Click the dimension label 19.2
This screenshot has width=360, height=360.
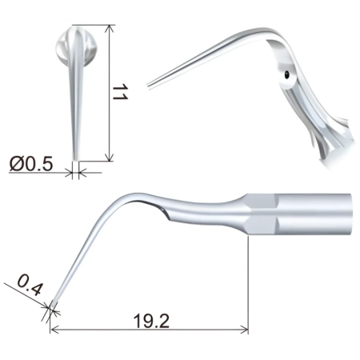(x=151, y=321)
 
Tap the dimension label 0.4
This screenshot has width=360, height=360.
(x=30, y=286)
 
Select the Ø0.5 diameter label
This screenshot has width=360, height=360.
(x=31, y=164)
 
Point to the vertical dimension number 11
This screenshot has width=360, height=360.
(x=120, y=92)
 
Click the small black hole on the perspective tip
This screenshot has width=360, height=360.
(x=286, y=74)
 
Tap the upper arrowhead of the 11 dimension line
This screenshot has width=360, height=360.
(x=109, y=29)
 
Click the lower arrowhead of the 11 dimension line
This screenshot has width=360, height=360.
(x=109, y=158)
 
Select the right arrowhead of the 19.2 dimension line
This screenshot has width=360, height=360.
(x=245, y=330)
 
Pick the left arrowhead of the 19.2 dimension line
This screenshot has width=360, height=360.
(x=54, y=330)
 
